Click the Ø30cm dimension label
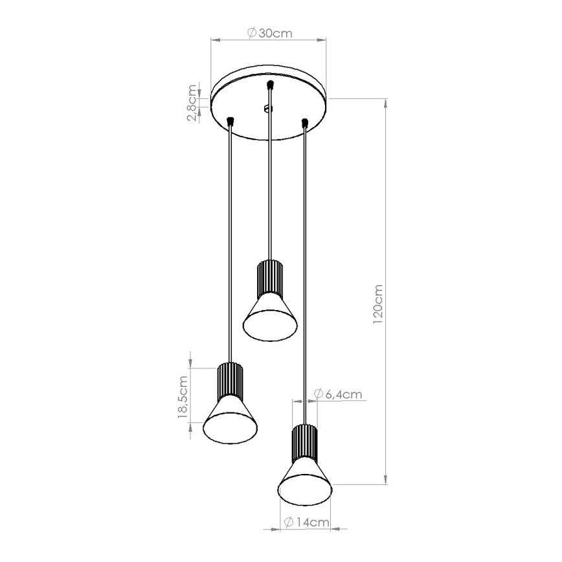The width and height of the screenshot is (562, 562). pos(268,34)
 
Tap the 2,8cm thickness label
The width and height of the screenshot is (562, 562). pos(192,102)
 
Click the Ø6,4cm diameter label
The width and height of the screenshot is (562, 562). pos(337,394)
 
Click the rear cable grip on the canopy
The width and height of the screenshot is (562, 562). pos(270,84)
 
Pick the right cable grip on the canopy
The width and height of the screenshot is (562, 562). pos(304,120)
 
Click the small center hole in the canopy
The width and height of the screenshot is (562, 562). pos(269,109)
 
